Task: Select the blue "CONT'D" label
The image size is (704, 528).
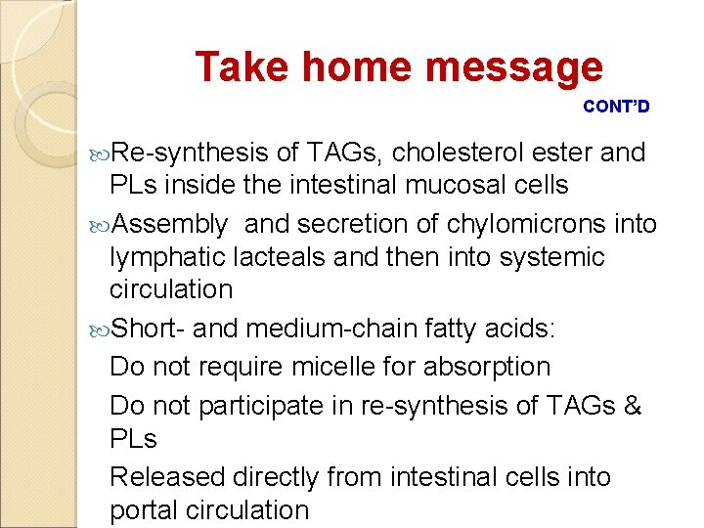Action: pos(616,106)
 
